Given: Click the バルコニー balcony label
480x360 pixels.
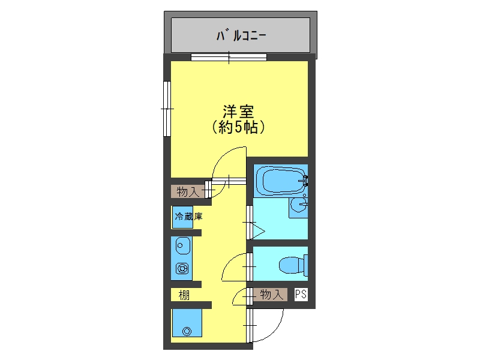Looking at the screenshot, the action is [241, 35].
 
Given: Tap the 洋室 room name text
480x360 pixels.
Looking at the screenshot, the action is [238, 112].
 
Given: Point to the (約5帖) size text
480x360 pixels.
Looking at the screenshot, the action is [238, 127].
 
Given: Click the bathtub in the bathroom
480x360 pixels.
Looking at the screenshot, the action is [281, 181].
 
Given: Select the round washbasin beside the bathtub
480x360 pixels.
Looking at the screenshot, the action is [298, 205].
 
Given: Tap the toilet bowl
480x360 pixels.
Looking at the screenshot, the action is [293, 265].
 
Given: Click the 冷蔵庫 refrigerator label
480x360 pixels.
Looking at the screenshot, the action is [188, 217].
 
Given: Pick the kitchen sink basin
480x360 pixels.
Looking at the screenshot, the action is [183, 246].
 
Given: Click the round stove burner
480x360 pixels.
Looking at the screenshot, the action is [182, 269].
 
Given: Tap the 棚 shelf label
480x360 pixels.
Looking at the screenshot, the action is [184, 295].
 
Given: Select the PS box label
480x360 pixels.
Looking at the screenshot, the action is [301, 294].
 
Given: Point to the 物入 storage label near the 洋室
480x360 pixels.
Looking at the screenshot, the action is [188, 192].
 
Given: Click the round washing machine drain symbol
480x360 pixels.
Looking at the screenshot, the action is [187, 331].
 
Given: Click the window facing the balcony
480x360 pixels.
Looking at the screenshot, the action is [229, 57].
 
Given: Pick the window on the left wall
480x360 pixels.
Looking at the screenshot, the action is [167, 109].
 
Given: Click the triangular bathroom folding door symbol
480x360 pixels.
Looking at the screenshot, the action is [257, 231].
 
